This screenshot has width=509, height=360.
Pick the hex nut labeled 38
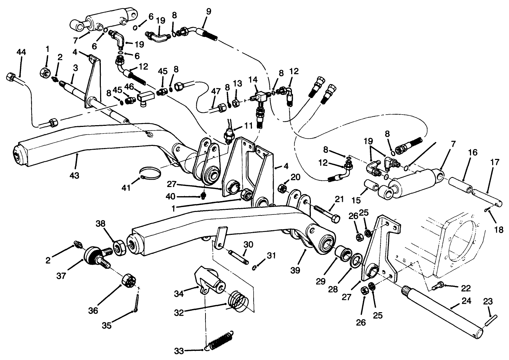119,248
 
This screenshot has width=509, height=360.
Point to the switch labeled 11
229,135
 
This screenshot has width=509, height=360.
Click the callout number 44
21,52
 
